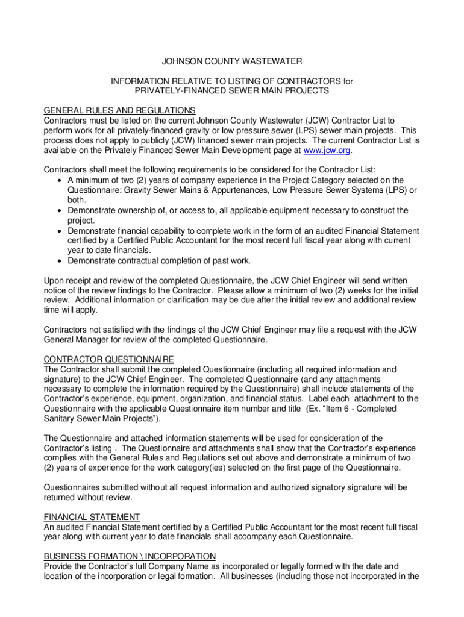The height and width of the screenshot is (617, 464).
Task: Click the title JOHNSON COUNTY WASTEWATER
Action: pos(232,61)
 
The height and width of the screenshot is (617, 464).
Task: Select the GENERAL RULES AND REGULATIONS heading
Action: pos(120,110)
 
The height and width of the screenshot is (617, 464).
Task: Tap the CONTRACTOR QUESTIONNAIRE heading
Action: pos(109,359)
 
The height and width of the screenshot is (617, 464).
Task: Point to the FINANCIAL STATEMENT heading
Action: pos(92,517)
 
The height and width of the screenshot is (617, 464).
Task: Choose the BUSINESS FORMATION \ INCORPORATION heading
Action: pos(130,556)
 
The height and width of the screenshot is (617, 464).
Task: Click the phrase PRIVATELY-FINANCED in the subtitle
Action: pos(177,90)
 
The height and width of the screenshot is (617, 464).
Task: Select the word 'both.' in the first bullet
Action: pos(77,200)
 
